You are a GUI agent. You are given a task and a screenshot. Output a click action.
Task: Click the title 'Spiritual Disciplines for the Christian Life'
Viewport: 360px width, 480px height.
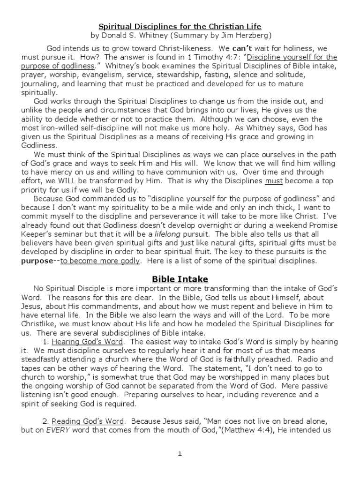pyautogui.click(x=180, y=26)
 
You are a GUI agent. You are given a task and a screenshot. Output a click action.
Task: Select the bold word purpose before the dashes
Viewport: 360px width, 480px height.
pyautogui.click(x=38, y=261)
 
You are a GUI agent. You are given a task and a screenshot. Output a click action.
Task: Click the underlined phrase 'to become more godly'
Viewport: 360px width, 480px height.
pyautogui.click(x=100, y=261)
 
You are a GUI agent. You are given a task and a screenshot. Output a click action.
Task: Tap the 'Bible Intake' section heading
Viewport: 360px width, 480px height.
pyautogui.click(x=180, y=279)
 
